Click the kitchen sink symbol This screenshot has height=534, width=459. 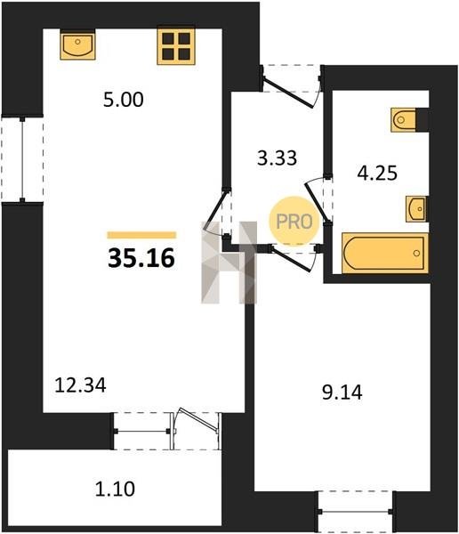[x=77, y=44]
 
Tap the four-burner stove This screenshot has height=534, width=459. [x=176, y=45]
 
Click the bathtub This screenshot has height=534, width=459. [x=385, y=253]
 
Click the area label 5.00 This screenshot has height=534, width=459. [x=124, y=100]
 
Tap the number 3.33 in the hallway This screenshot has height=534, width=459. [x=277, y=158]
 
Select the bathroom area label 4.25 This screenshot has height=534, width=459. [x=377, y=173]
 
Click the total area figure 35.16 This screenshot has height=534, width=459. [x=141, y=258]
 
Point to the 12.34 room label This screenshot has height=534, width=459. [x=80, y=385]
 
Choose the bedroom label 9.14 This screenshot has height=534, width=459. [x=342, y=392]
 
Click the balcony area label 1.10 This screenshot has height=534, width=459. [x=115, y=489]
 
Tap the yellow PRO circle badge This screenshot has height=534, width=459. [x=294, y=222]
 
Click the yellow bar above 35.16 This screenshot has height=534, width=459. [x=141, y=235]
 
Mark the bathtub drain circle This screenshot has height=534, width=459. [x=416, y=253]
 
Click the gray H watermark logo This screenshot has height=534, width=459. [x=229, y=263]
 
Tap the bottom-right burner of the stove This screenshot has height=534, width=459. [x=184, y=53]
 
